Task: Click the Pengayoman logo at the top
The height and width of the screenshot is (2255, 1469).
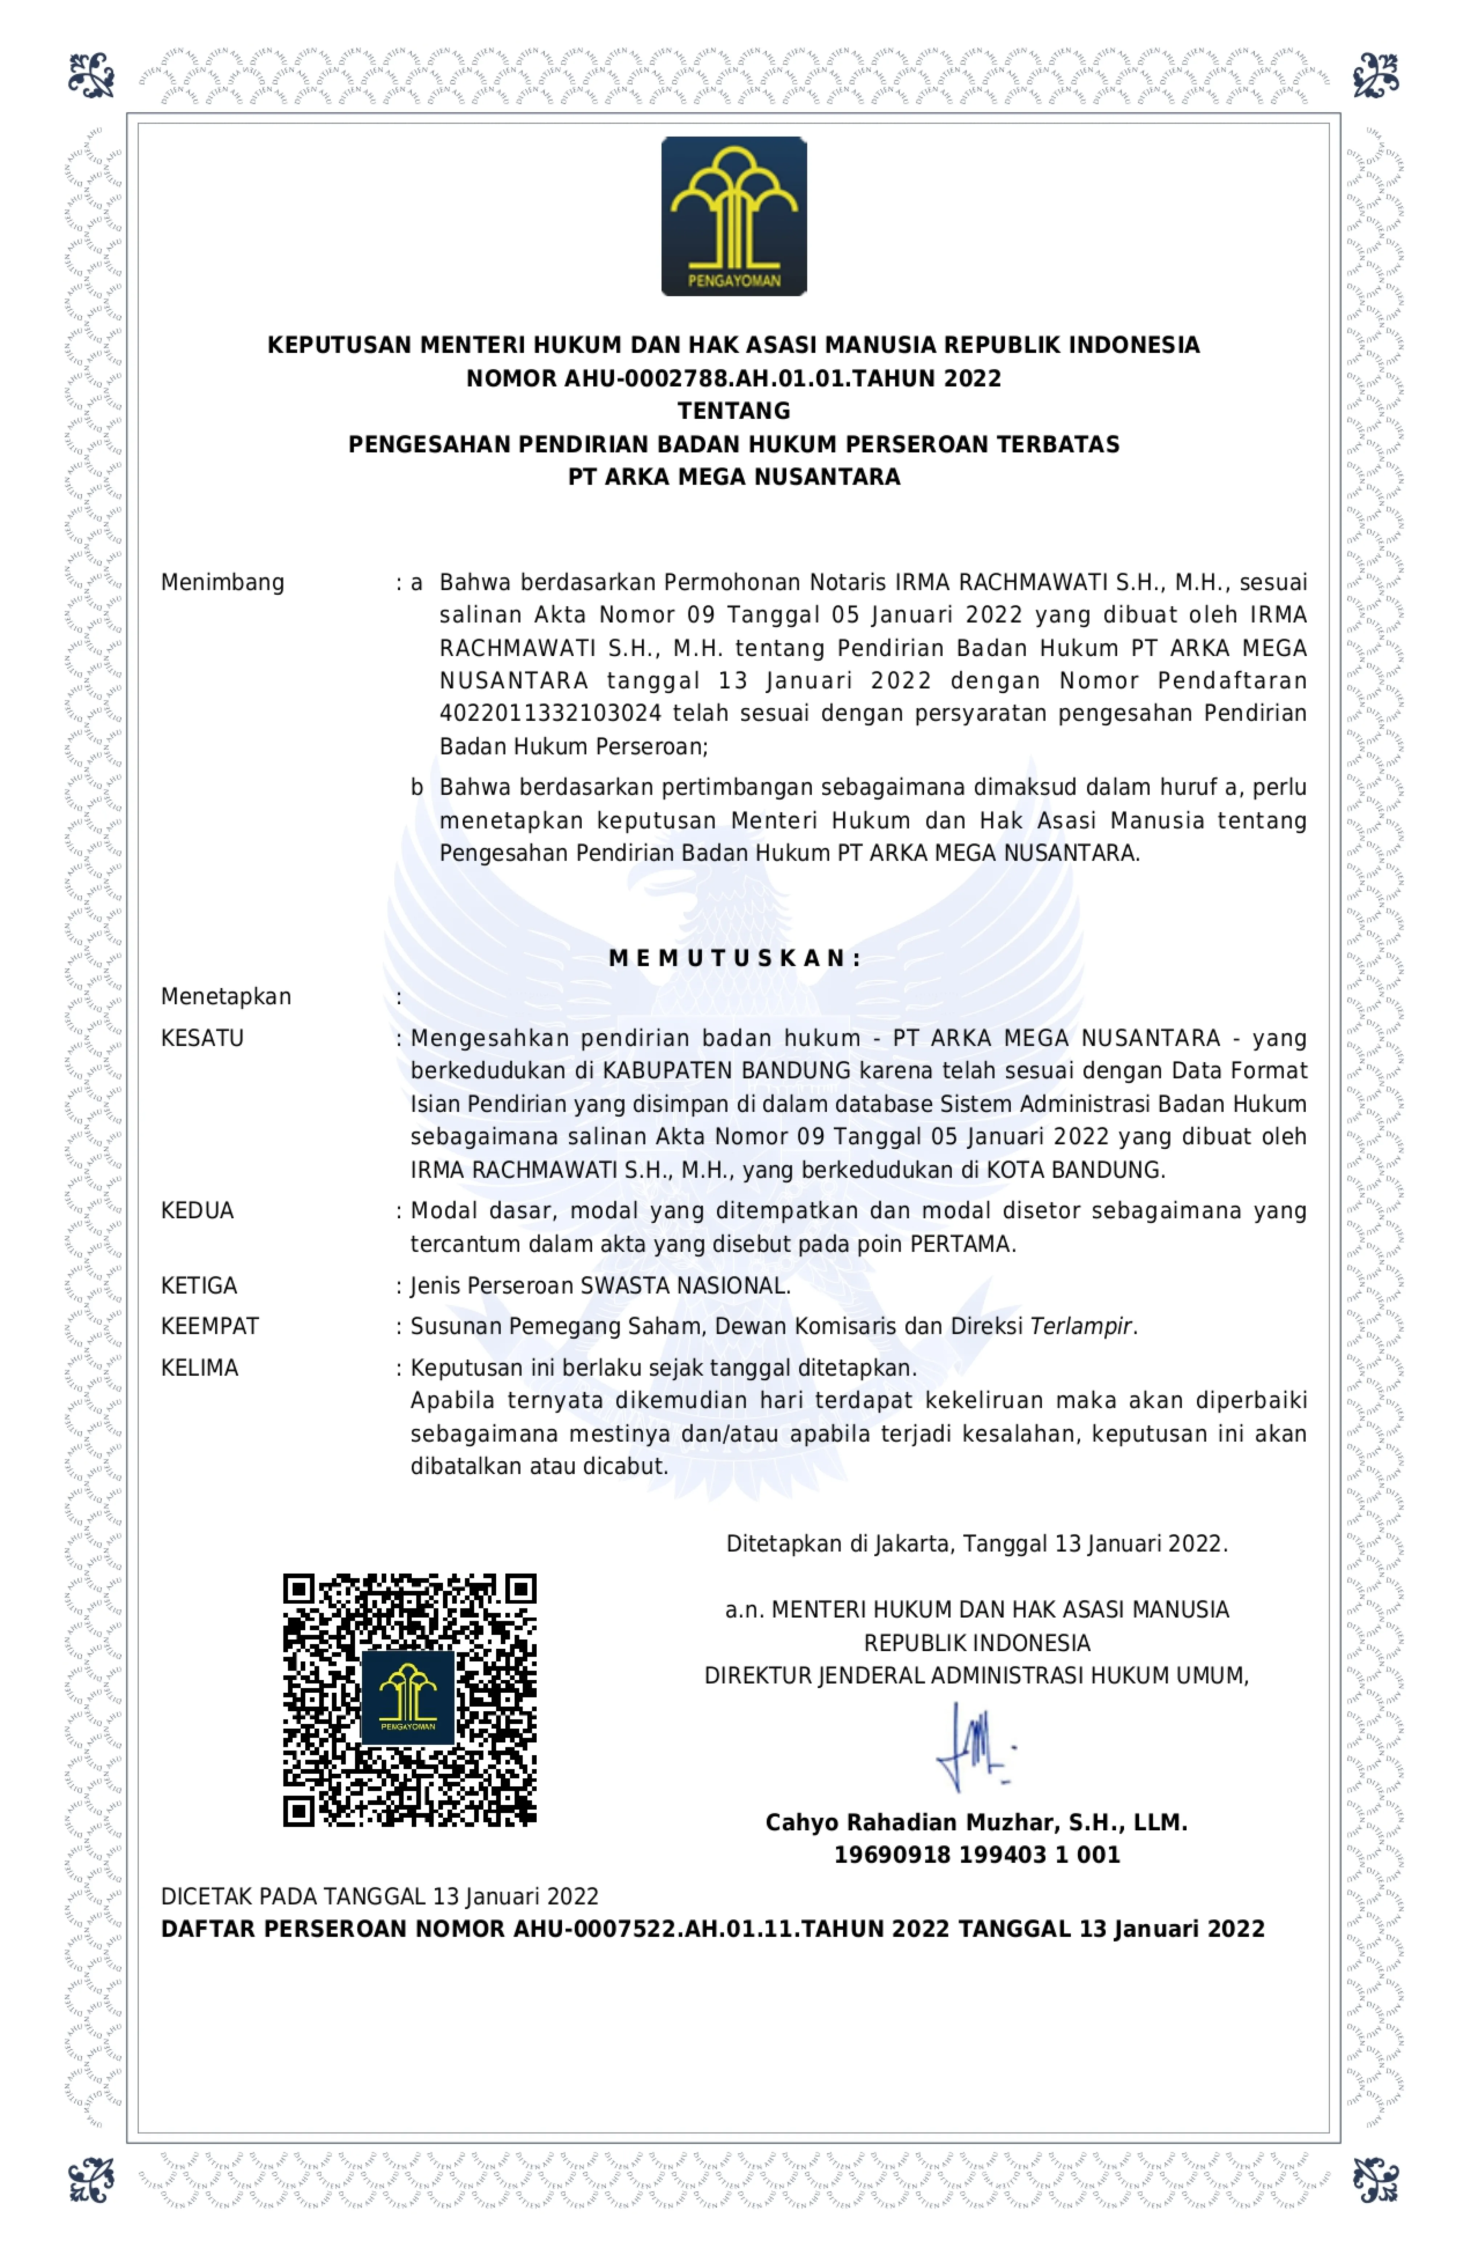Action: click(734, 216)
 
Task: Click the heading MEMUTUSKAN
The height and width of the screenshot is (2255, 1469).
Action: click(734, 958)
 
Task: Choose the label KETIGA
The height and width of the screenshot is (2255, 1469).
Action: click(199, 1286)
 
